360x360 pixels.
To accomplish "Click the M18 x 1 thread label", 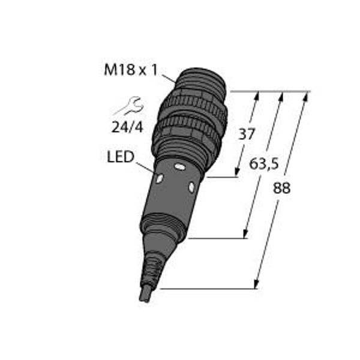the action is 131,70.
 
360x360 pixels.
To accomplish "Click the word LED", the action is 121,157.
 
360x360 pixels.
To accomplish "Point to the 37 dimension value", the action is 247,134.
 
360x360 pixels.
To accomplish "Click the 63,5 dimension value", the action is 264,164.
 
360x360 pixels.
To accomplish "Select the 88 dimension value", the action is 281,188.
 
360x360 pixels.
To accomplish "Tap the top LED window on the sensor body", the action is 179,167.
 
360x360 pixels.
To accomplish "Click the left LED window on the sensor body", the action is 159,178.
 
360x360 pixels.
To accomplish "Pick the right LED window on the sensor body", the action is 191,187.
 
